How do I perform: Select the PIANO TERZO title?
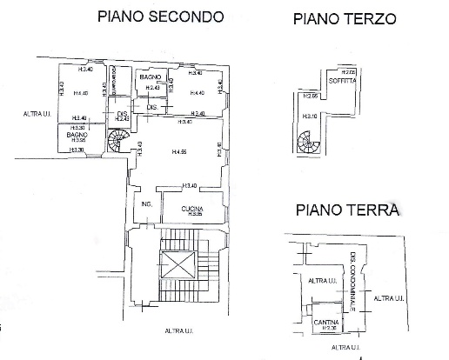pos(345,18)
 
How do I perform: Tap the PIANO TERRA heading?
pos(346,210)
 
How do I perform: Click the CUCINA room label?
pos(192,208)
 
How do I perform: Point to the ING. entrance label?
pos(146,204)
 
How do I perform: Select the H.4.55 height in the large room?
pos(178,153)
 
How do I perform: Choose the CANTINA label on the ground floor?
pos(326,323)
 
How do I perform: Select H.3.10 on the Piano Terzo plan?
pos(310,116)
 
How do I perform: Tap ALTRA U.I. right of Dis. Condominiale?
pos(386,298)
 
